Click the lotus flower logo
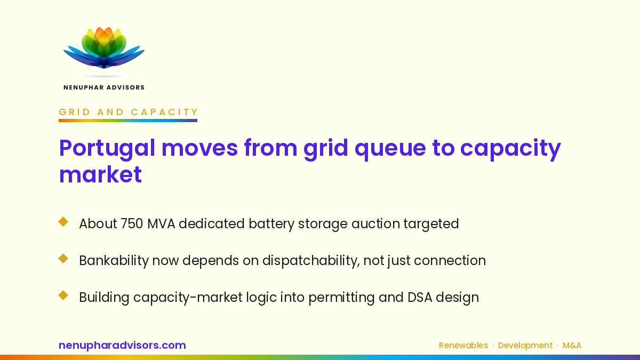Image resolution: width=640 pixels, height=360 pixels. tap(104, 48)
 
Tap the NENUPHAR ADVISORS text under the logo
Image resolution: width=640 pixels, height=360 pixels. tap(104, 87)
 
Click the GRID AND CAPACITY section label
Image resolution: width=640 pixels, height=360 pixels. tap(129, 112)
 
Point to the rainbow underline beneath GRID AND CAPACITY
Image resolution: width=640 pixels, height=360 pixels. tap(128, 121)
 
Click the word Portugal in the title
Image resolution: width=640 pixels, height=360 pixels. tap(107, 149)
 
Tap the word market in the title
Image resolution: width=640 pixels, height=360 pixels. tap(100, 174)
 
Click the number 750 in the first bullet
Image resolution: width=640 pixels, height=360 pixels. tap(132, 223)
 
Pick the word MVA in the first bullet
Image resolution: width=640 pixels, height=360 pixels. tap(161, 223)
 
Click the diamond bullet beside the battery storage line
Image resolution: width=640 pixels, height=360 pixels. tap(63, 222)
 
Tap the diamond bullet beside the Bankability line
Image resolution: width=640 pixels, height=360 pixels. tap(63, 259)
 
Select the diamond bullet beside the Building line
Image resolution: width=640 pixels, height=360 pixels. tap(63, 295)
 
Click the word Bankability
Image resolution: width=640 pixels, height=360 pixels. tap(114, 261)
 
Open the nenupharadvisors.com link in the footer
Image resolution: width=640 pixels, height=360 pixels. tap(122, 345)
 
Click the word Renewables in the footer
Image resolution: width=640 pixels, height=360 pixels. tap(463, 346)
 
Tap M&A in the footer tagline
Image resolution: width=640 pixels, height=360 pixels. tap(572, 346)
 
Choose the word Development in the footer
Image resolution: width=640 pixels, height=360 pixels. tap(525, 346)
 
